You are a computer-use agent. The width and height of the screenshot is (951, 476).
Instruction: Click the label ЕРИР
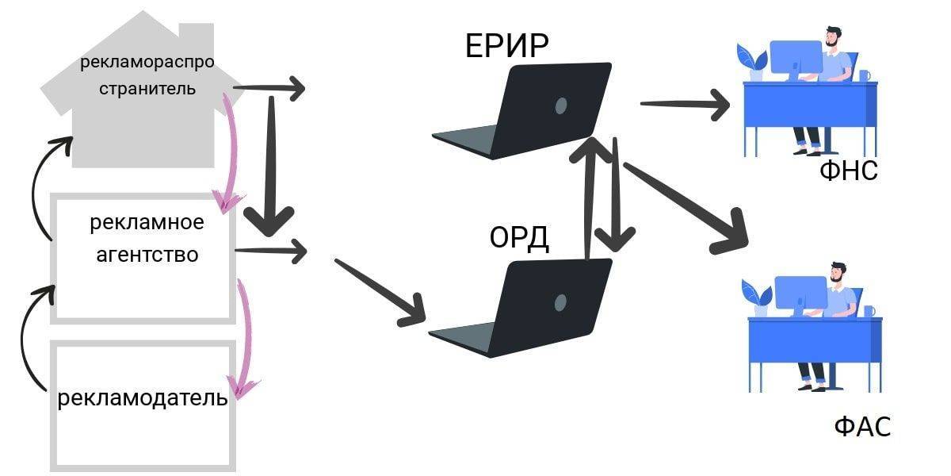(506, 47)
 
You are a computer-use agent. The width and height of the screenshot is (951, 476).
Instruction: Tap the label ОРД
(519, 238)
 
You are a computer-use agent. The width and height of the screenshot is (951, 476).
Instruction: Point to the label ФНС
(848, 171)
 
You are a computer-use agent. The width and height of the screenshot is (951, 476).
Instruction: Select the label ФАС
(862, 427)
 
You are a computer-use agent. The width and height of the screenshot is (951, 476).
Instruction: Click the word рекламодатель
(143, 397)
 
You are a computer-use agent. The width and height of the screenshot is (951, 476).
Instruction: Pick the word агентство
(147, 255)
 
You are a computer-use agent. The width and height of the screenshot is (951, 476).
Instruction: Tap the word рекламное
(147, 223)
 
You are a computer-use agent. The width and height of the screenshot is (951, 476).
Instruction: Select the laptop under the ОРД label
(527, 305)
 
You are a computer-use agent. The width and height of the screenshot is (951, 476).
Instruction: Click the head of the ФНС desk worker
(832, 36)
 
